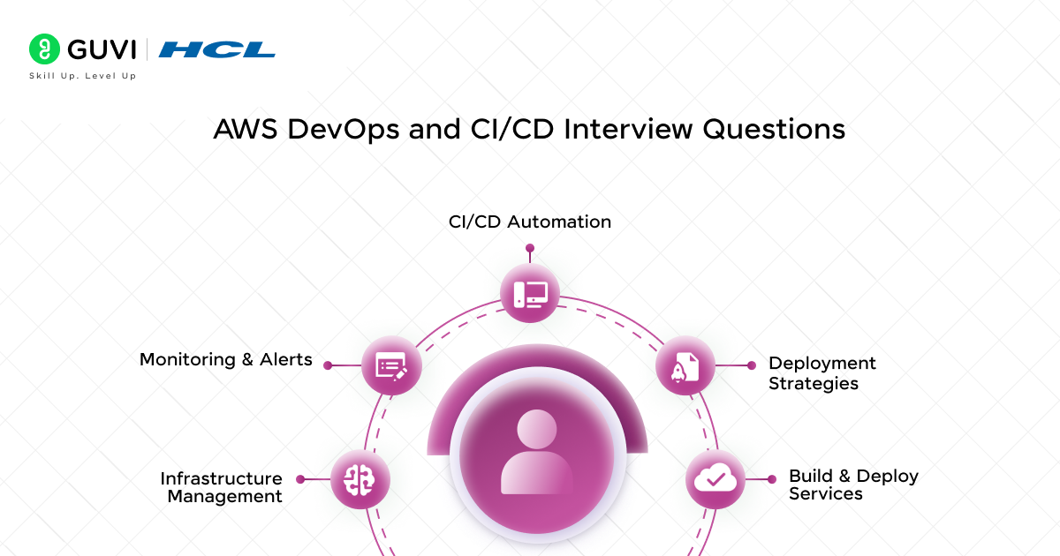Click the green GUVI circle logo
(44, 49)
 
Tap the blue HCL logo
(216, 49)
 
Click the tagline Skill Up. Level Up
(83, 76)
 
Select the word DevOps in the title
(343, 129)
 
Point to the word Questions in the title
(774, 129)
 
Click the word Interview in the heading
(628, 129)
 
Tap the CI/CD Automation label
(530, 222)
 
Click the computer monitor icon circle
(530, 293)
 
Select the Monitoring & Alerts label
(226, 360)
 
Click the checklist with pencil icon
(391, 365)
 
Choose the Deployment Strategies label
(822, 373)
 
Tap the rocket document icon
(685, 365)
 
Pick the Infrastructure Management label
(222, 487)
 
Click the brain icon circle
(360, 479)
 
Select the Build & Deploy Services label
(853, 485)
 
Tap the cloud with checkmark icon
(715, 479)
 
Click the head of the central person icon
(537, 429)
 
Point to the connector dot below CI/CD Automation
(530, 248)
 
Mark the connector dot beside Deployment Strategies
(752, 365)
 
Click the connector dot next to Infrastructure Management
(300, 479)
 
